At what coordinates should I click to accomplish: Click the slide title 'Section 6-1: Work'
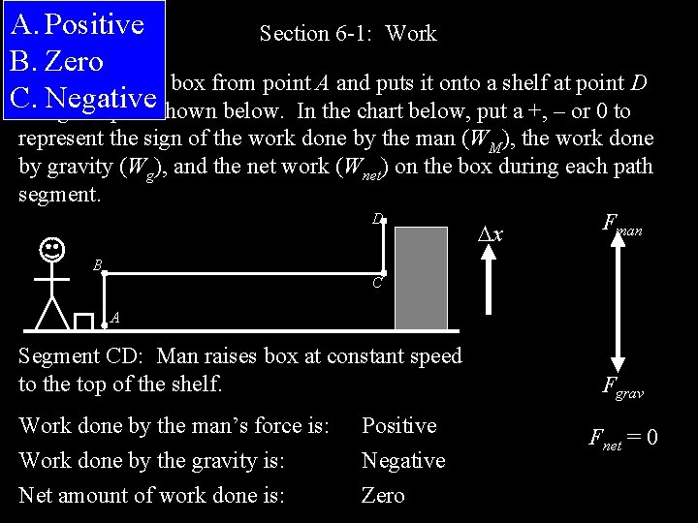point(348,34)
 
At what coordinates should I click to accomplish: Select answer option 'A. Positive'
point(76,24)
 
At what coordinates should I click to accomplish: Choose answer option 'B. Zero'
point(55,61)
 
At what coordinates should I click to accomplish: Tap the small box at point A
point(83,322)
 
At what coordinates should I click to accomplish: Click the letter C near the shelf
point(379,286)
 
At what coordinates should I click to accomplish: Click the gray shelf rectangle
point(422,278)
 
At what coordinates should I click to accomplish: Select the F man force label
point(622,228)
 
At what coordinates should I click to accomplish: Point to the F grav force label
point(622,389)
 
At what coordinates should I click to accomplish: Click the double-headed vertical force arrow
point(611,309)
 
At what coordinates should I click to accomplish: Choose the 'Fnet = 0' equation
point(622,438)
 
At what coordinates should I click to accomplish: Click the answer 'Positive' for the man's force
point(398,426)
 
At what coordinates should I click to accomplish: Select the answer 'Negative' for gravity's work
point(403,461)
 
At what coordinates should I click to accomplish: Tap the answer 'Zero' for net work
point(383,496)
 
